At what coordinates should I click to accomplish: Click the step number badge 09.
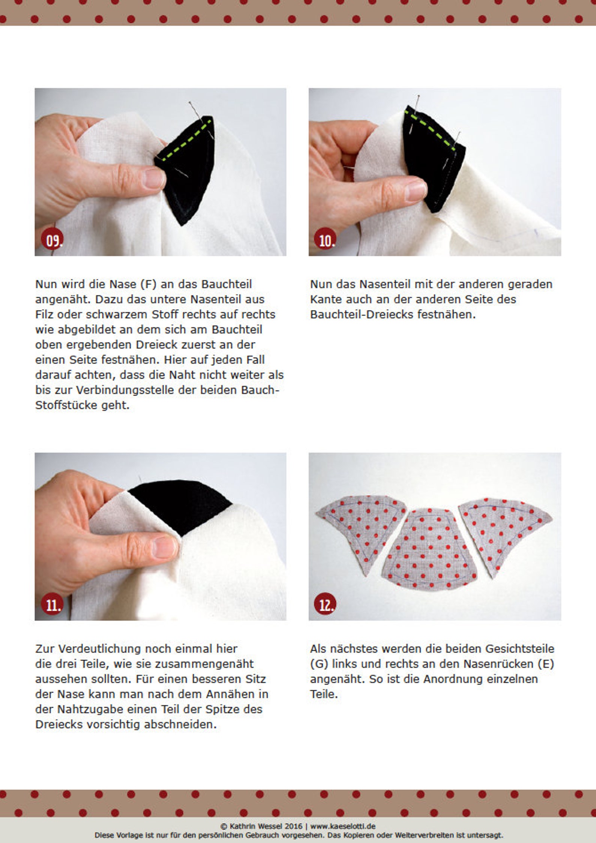tap(52, 240)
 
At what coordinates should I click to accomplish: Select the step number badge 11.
tap(52, 605)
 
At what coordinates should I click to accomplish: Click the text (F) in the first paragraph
tap(148, 284)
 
